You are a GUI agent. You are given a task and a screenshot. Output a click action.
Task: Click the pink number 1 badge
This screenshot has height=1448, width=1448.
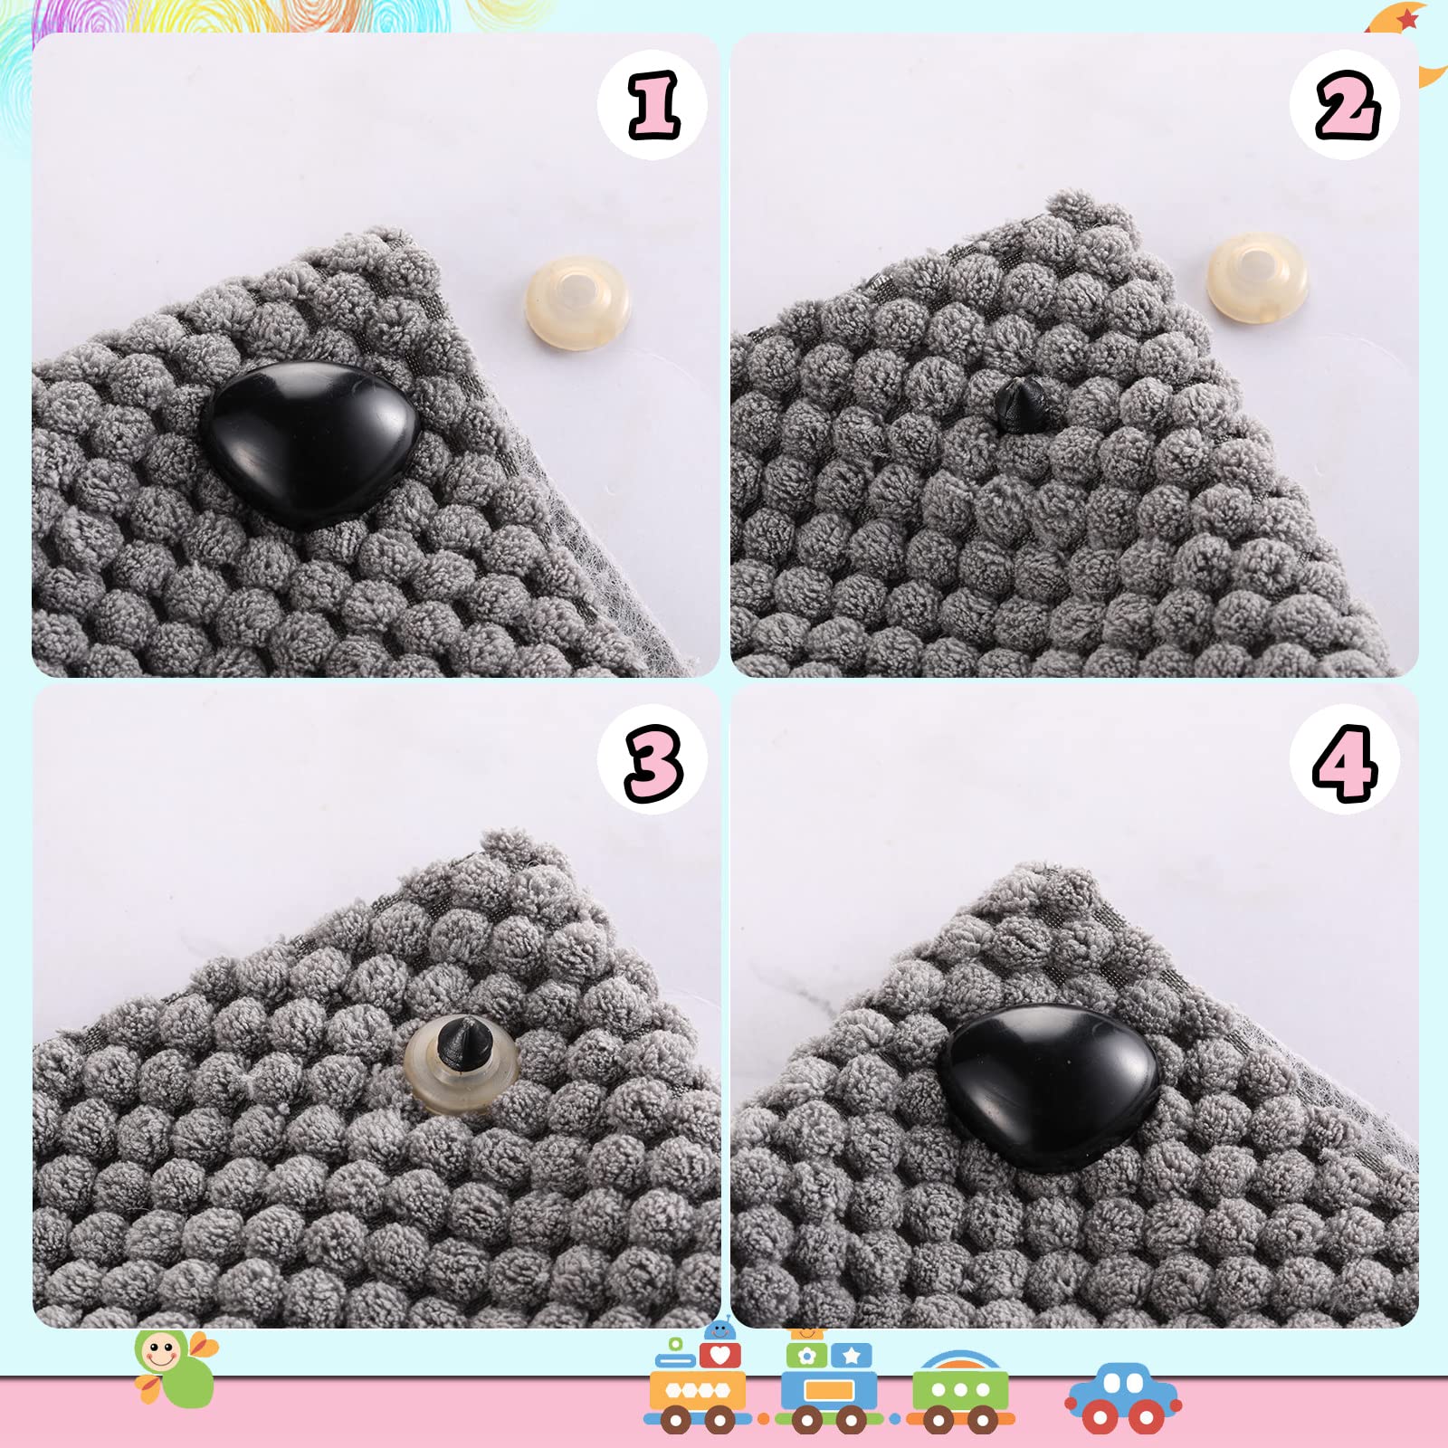tap(653, 105)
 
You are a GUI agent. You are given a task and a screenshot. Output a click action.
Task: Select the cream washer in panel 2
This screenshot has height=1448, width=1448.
tap(1257, 277)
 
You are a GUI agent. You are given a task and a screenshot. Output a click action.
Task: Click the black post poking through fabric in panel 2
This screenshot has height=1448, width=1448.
tap(1020, 405)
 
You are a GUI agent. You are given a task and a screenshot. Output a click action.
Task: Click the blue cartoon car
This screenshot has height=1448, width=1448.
tap(1123, 1398)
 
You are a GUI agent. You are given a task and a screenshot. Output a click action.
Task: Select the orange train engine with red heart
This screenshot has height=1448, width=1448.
tap(698, 1380)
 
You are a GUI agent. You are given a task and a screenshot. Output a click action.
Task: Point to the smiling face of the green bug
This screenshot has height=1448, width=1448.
tap(160, 1353)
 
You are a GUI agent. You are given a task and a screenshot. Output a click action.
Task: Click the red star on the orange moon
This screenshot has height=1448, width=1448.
tap(1407, 17)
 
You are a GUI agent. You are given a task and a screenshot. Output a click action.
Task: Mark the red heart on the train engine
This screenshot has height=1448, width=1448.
tap(720, 1355)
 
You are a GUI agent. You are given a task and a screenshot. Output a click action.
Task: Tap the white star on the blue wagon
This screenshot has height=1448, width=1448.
tap(852, 1356)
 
